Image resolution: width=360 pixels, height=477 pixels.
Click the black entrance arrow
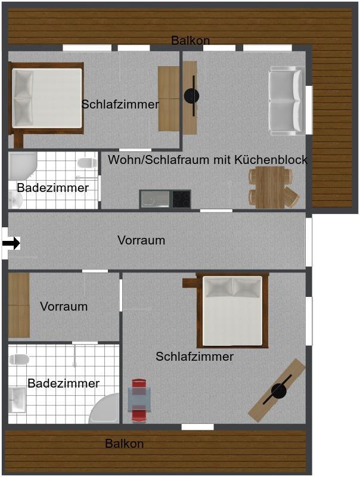(x=11, y=243)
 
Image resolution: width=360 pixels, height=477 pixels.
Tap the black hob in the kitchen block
(x=182, y=199)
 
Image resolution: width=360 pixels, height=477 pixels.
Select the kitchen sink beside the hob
(x=155, y=199)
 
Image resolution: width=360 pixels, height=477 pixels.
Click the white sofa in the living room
(x=287, y=101)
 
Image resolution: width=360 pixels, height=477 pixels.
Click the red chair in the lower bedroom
(x=139, y=401)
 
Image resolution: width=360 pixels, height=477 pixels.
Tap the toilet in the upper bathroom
(x=87, y=163)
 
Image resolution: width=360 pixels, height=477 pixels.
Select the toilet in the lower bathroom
(x=19, y=360)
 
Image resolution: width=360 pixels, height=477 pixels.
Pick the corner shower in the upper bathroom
(x=22, y=166)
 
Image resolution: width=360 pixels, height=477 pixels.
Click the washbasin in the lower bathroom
(x=17, y=399)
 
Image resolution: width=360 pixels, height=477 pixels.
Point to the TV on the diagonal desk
(x=278, y=391)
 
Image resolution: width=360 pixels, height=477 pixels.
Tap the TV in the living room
(x=192, y=96)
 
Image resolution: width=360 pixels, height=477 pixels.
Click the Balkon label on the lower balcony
(x=125, y=444)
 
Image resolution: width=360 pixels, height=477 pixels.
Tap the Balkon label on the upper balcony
(x=190, y=40)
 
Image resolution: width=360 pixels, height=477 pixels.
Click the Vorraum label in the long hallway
(x=141, y=240)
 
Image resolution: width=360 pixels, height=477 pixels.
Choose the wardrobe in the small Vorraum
(x=19, y=305)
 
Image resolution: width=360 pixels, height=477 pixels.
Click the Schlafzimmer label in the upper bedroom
(x=120, y=104)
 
